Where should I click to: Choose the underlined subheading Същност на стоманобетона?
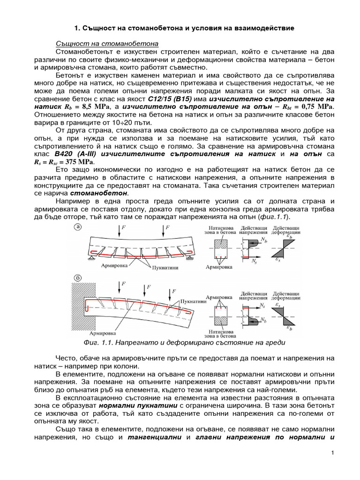(107, 43)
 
